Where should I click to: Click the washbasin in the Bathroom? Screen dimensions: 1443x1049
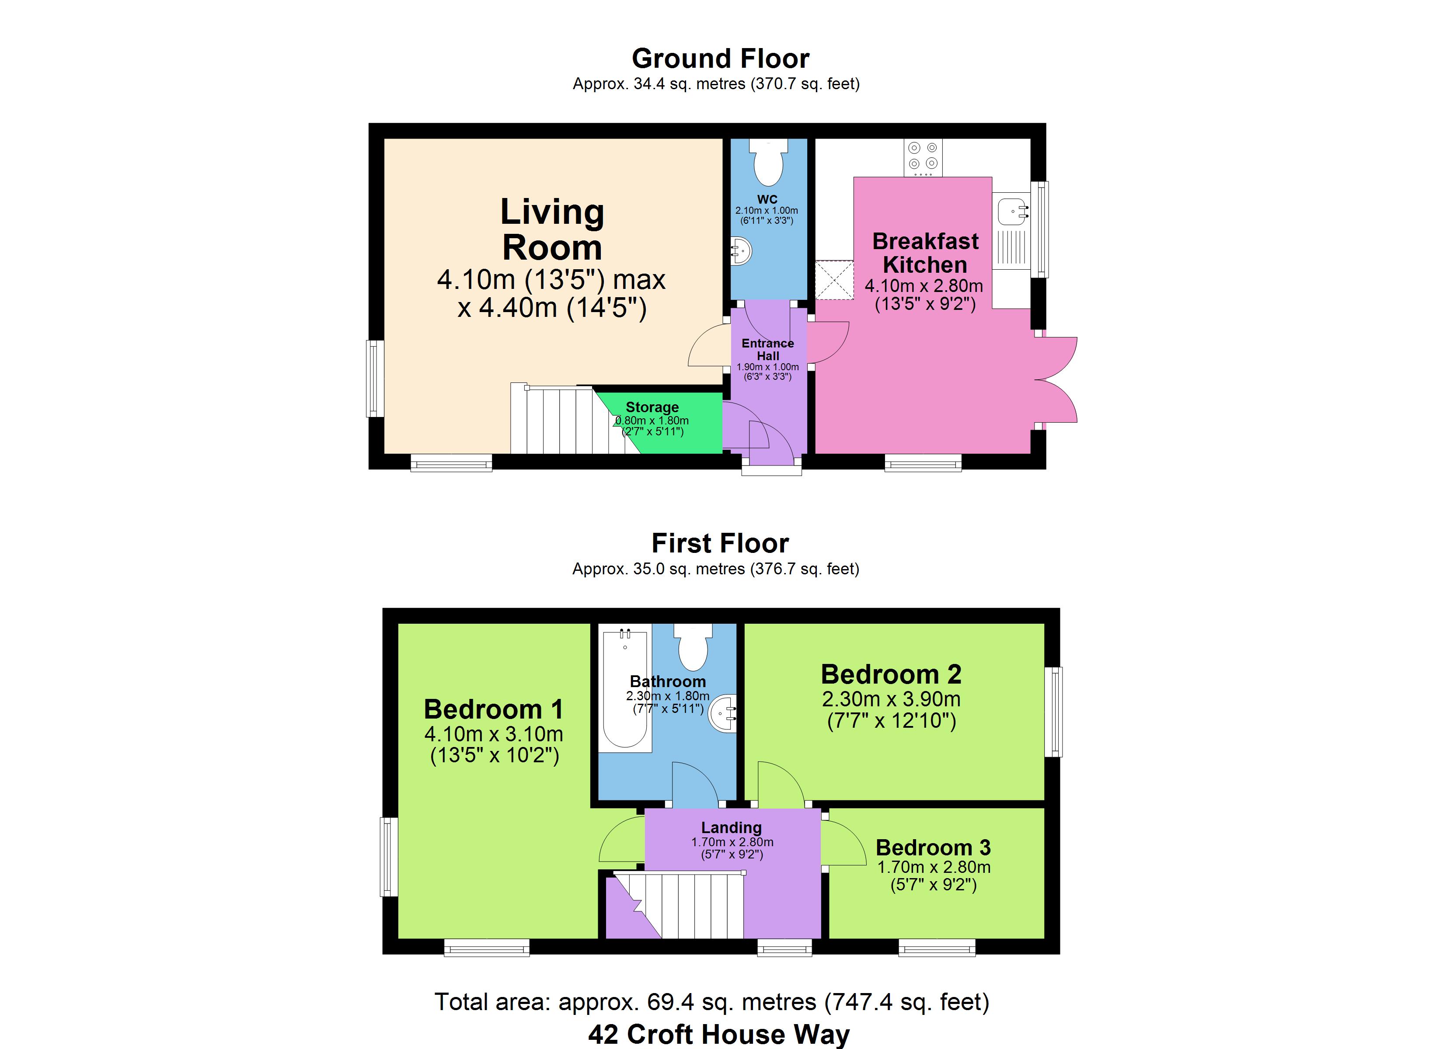click(724, 714)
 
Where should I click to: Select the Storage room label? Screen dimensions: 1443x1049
click(652, 407)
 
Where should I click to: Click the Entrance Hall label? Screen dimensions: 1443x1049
click(768, 349)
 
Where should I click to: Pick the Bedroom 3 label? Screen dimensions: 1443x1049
click(934, 848)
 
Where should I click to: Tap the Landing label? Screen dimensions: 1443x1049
click(732, 828)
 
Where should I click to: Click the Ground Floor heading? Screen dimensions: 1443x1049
click(721, 59)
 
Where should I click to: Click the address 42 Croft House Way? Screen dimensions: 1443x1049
click(719, 1035)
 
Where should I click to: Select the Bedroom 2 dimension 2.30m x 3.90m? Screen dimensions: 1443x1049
click(891, 699)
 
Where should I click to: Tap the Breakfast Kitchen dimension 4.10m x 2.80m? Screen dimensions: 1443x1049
click(924, 285)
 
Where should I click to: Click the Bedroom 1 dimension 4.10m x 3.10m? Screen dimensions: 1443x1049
click(494, 734)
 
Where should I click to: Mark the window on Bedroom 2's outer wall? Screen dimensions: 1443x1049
click(1054, 712)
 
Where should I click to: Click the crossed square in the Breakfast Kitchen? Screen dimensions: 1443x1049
click(834, 279)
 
